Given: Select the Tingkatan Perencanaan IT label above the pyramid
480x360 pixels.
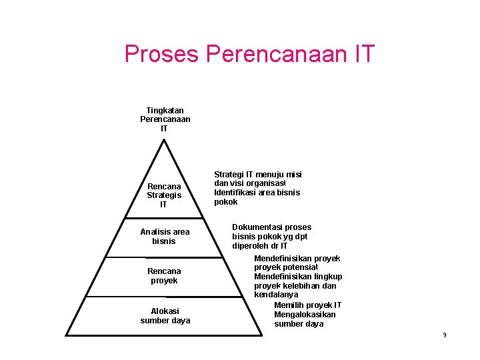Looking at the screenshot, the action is pyautogui.click(x=165, y=119).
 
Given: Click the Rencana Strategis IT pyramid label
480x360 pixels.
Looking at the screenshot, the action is pyautogui.click(x=164, y=195).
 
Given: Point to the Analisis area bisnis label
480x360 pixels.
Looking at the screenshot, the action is pyautogui.click(x=165, y=236).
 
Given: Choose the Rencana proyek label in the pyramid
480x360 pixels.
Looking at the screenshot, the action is pyautogui.click(x=164, y=275).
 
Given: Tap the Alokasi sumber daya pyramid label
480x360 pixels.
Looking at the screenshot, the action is pyautogui.click(x=165, y=315).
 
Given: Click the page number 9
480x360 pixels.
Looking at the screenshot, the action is pyautogui.click(x=444, y=335).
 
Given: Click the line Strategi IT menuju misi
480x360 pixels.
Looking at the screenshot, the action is pyautogui.click(x=257, y=174).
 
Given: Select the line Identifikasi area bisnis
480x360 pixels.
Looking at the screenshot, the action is pyautogui.click(x=257, y=193).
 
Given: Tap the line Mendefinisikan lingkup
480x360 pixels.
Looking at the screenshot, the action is pyautogui.click(x=298, y=276).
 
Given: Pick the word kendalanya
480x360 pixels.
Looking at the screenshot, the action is pyautogui.click(x=276, y=295).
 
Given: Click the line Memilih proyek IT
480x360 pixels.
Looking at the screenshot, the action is pyautogui.click(x=307, y=305).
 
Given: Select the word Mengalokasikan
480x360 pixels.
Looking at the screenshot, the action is pyautogui.click(x=305, y=314).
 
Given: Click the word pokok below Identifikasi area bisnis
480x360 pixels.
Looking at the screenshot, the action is pyautogui.click(x=225, y=202).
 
